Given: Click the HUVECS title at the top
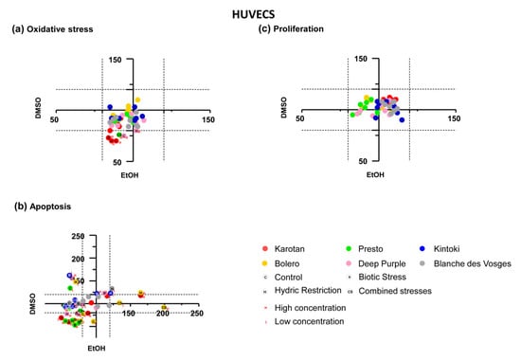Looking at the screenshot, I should (x=260, y=14).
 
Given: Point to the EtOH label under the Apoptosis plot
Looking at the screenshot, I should (x=98, y=349).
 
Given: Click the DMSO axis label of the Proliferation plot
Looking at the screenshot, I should (x=284, y=104).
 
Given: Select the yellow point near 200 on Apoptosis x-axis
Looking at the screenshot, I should (x=164, y=308).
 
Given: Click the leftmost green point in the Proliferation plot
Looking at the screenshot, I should (x=352, y=115).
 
